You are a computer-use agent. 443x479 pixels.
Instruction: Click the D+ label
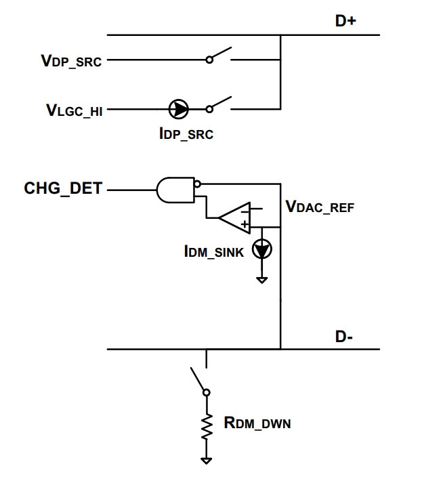point(345,21)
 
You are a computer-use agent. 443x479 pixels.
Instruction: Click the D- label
point(343,337)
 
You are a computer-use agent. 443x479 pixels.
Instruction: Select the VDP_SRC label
point(71,60)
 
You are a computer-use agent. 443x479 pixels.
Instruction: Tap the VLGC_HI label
point(75,110)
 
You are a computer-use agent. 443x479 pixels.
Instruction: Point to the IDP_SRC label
point(186,133)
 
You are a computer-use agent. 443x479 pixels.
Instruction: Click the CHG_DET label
point(63,188)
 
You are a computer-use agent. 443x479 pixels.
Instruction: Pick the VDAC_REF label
point(320,207)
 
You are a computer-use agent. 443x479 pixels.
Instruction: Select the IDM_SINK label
point(214,252)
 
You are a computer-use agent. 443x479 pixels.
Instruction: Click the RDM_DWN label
point(257,423)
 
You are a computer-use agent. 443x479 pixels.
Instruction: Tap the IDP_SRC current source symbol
point(178,109)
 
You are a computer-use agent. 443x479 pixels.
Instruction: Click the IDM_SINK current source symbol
point(262,249)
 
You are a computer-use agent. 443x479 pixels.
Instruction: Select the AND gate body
point(175,190)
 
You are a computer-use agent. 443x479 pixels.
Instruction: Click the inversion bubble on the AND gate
point(198,184)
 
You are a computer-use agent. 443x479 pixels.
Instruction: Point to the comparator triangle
point(234,217)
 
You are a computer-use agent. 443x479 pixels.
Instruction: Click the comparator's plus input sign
point(245,225)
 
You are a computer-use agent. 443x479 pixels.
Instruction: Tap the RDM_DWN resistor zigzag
point(207,426)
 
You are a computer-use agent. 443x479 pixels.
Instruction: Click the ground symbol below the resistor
point(206,460)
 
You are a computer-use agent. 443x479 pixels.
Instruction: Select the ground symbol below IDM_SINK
point(262,280)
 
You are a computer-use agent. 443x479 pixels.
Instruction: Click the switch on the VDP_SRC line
point(219,56)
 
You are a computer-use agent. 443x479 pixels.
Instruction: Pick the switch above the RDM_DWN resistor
point(200,381)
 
